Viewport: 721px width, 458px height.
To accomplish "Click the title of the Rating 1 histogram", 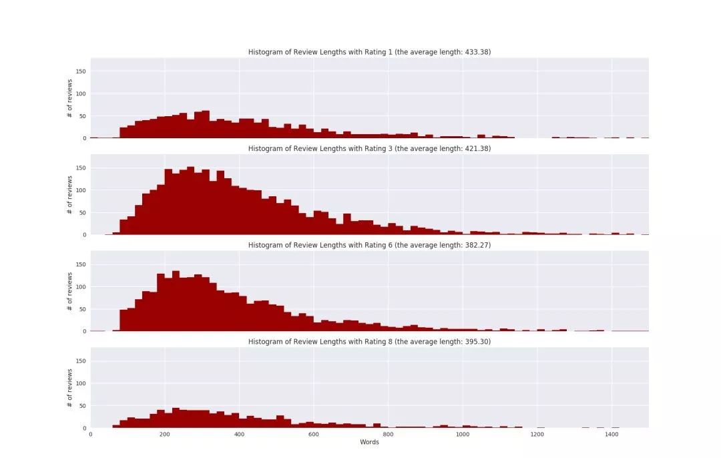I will (x=369, y=52).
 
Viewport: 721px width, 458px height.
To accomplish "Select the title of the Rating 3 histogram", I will (x=369, y=149).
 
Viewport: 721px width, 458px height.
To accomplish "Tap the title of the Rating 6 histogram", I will (x=369, y=245).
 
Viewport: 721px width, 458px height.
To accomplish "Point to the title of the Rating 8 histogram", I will (x=369, y=342).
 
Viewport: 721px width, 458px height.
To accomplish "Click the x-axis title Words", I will (x=369, y=442).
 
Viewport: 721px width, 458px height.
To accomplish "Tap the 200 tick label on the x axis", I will (x=165, y=434).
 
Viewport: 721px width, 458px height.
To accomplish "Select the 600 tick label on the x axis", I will (x=314, y=434).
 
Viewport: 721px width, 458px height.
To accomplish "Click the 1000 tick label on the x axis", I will (x=463, y=434).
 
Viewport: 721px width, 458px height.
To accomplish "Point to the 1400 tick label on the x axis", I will (x=612, y=434).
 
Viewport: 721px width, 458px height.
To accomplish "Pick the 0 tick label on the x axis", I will (x=91, y=434).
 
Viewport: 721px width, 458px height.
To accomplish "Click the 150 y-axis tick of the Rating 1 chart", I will (x=81, y=71).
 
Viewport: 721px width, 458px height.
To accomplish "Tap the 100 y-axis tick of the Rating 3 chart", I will (x=81, y=190).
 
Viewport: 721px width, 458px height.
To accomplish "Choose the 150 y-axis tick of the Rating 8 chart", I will (x=81, y=361).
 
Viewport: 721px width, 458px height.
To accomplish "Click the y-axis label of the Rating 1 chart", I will (x=70, y=98).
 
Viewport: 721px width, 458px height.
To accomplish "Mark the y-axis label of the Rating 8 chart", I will (x=70, y=388).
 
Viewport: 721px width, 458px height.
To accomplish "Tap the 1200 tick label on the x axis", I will (x=537, y=434).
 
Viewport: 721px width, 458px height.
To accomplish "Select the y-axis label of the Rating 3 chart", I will (x=70, y=195).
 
